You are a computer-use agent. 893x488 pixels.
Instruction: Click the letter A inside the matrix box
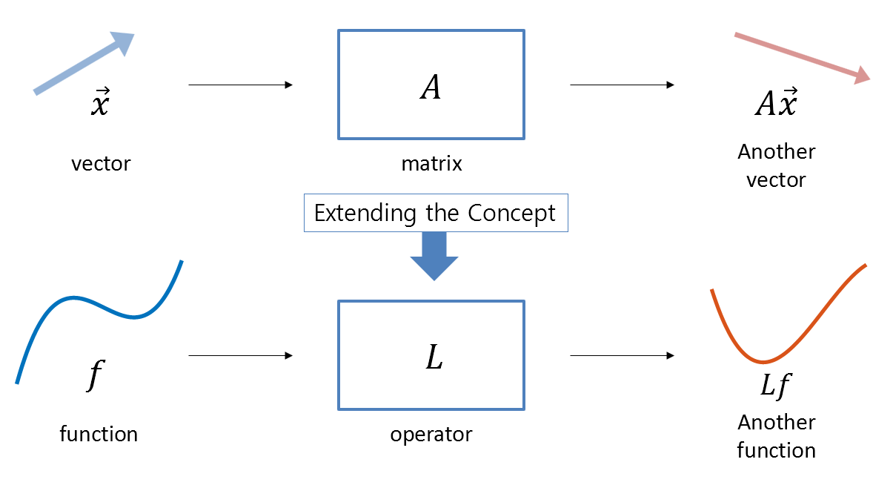(431, 88)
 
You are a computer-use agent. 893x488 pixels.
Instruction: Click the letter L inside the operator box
(434, 359)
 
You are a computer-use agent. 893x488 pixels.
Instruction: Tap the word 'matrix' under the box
(431, 164)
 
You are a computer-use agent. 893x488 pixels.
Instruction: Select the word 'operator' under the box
(431, 435)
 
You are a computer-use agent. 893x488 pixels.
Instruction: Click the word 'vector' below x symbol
(101, 164)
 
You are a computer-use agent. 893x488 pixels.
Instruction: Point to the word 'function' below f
(99, 434)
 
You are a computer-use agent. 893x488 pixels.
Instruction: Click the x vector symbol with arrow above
(100, 104)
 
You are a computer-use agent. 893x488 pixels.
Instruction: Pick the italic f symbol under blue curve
(93, 376)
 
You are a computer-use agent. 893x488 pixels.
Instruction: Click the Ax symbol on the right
(776, 104)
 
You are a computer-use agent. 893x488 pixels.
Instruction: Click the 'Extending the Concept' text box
(435, 214)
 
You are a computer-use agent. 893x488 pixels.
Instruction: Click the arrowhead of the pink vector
(861, 75)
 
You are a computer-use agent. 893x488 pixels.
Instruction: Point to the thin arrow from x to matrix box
(240, 85)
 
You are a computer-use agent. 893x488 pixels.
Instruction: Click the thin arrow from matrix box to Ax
(622, 85)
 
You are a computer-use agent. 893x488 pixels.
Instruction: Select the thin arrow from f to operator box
(240, 356)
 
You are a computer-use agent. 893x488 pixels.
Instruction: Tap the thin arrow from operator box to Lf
(622, 356)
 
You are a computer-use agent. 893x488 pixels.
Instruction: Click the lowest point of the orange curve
(762, 363)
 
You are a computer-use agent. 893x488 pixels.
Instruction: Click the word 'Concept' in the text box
(511, 214)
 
